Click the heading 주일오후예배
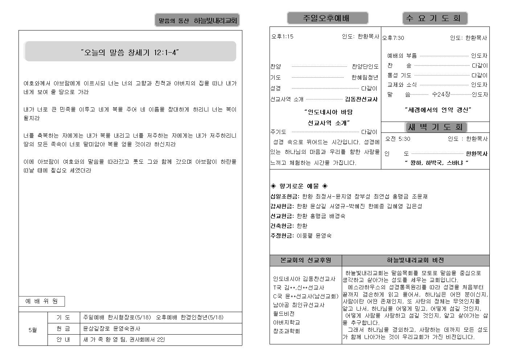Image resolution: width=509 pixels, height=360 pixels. (x=327, y=18)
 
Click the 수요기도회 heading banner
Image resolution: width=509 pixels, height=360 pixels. (x=435, y=18)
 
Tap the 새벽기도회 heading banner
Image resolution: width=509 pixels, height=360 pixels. (x=435, y=127)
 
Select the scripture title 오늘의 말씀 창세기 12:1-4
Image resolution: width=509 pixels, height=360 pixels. (x=130, y=53)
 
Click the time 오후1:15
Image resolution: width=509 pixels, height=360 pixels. (x=282, y=36)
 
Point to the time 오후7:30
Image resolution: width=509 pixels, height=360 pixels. (x=393, y=38)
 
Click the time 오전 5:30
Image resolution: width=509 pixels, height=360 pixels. (x=398, y=139)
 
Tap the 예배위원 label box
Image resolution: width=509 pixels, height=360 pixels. (x=41, y=301)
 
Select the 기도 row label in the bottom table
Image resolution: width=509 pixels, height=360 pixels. (x=63, y=317)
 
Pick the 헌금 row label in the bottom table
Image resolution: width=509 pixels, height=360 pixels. (x=63, y=328)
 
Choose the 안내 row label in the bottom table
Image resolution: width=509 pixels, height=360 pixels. (x=63, y=340)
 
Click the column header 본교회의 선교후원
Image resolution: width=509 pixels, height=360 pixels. (x=305, y=260)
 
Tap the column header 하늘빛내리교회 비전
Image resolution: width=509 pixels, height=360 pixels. (x=415, y=260)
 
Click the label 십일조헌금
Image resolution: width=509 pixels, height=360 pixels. (x=285, y=196)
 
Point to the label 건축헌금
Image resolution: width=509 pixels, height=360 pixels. (x=282, y=226)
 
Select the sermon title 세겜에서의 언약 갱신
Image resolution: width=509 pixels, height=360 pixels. (x=438, y=110)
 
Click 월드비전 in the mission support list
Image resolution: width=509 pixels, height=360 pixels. (x=284, y=314)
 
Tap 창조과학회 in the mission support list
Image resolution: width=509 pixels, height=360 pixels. (x=286, y=331)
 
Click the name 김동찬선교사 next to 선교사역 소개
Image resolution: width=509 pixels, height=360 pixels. (x=361, y=99)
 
